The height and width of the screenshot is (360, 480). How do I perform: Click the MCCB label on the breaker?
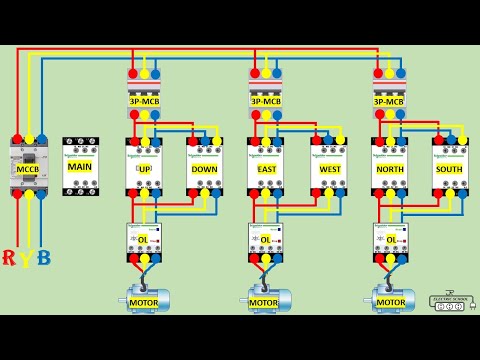[26, 169]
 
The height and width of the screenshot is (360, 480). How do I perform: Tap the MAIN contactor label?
[80, 166]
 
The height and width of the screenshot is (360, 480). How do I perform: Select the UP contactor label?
[144, 169]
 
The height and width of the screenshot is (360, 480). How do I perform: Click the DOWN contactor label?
[204, 169]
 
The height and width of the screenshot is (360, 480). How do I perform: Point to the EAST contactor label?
[266, 169]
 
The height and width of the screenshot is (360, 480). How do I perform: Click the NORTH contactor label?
[389, 169]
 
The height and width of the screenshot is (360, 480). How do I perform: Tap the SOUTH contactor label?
[450, 169]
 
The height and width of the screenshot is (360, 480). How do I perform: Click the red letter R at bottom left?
[9, 259]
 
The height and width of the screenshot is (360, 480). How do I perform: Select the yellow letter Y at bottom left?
[26, 260]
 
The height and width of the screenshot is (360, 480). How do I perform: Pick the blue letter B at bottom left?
[43, 259]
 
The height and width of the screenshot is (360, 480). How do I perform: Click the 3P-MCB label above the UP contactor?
[144, 101]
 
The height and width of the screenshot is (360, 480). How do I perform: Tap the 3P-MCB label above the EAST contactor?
[265, 101]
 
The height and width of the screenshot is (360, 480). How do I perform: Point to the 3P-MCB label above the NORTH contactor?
[389, 101]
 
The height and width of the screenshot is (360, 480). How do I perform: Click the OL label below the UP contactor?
[143, 240]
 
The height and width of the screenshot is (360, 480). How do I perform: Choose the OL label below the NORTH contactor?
[389, 240]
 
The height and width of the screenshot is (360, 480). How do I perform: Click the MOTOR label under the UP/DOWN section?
[143, 302]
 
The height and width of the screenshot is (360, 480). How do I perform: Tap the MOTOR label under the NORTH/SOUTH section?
[391, 302]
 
